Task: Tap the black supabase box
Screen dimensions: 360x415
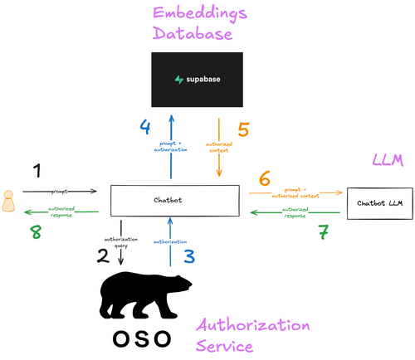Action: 196,80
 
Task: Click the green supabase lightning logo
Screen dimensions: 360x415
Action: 178,80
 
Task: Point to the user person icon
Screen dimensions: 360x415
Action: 10,201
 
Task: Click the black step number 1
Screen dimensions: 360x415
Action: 36,172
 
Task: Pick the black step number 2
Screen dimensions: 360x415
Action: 103,255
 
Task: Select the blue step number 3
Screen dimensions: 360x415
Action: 189,255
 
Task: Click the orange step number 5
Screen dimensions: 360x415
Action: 243,129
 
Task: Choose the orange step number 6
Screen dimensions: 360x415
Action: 265,178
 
